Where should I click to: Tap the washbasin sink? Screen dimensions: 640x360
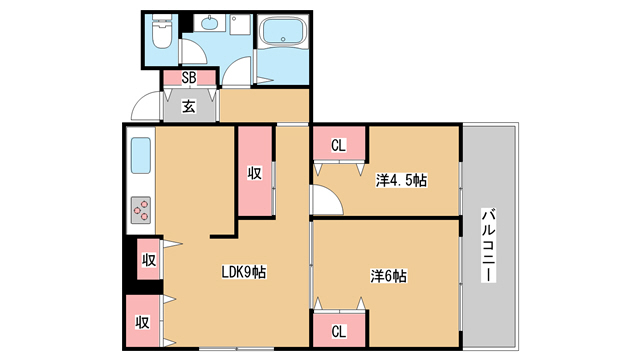click(210, 23)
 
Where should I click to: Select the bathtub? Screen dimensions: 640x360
click(284, 31)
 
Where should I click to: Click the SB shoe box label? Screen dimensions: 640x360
click(189, 78)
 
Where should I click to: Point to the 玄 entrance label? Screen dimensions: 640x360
click(189, 106)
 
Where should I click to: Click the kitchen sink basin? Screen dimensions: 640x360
click(141, 156)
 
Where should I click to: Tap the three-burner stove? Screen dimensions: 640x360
click(141, 210)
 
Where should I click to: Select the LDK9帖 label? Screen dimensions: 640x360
click(244, 272)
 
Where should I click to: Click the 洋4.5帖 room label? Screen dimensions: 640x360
click(401, 180)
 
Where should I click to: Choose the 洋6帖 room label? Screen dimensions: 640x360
click(388, 276)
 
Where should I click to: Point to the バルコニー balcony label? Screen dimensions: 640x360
click(488, 245)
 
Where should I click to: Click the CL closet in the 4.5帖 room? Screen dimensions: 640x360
click(339, 144)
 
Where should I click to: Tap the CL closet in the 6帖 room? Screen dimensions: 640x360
click(339, 330)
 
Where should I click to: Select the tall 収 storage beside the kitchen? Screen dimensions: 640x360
click(255, 171)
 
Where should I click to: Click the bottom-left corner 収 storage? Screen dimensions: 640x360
click(142, 321)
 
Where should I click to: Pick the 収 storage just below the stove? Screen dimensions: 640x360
click(149, 259)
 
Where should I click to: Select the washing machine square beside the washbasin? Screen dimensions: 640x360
click(240, 24)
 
